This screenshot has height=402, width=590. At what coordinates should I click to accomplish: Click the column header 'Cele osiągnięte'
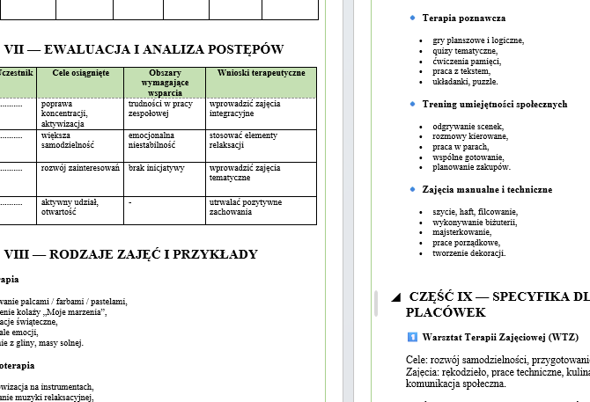[x=81, y=73]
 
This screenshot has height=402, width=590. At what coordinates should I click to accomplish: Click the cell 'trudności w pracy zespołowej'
[x=160, y=108]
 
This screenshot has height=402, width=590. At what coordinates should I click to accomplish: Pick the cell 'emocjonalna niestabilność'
[x=151, y=141]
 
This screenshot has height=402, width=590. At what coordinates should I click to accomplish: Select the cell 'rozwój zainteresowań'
[x=80, y=167]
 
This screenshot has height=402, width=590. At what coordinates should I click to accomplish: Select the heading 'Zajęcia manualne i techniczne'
[x=487, y=189]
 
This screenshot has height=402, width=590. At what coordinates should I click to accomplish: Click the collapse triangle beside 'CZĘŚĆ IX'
[x=395, y=296]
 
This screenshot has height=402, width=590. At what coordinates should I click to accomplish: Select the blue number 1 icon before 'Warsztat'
[x=412, y=337]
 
